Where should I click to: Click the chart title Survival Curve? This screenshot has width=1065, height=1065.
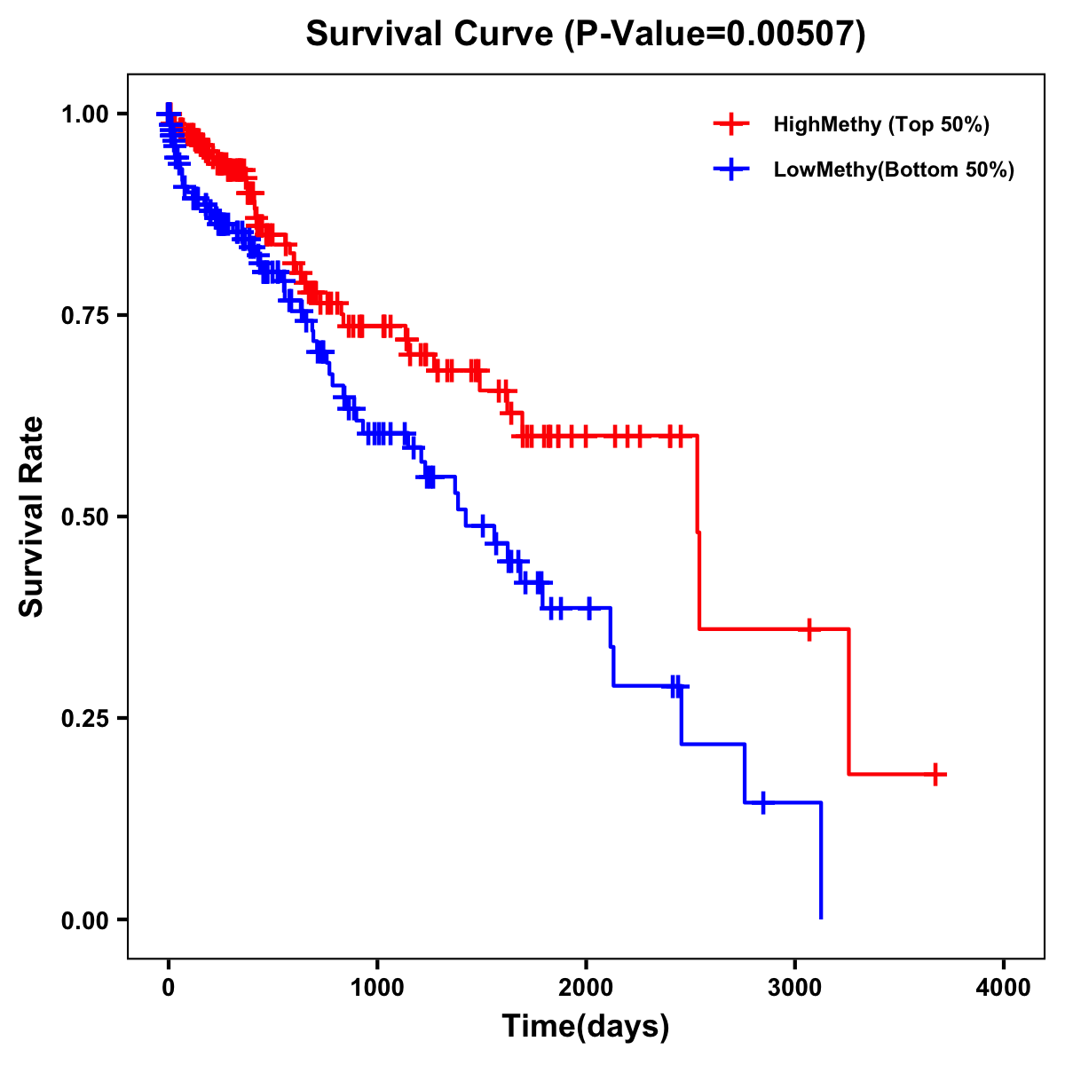(x=585, y=34)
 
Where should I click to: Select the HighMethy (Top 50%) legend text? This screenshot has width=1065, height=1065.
(x=880, y=124)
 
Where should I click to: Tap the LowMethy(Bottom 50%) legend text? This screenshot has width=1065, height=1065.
(x=894, y=170)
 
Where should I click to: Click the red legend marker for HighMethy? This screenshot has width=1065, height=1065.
(x=730, y=124)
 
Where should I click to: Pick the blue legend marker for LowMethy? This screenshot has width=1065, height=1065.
(x=730, y=170)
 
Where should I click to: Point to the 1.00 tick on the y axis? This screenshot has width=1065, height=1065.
(x=84, y=114)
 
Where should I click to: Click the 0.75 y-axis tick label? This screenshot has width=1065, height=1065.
(x=84, y=316)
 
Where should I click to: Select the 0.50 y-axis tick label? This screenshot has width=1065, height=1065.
(x=84, y=517)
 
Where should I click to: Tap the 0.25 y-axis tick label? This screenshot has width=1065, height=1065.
(x=84, y=719)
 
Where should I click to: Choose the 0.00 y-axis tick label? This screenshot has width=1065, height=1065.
(x=84, y=920)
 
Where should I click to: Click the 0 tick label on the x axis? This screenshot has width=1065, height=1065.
(x=169, y=988)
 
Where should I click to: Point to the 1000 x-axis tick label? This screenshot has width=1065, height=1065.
(x=377, y=988)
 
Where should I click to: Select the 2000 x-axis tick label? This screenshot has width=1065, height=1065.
(x=586, y=988)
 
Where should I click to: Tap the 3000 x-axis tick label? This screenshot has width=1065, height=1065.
(x=795, y=988)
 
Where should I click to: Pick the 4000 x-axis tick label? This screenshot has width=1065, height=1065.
(x=1004, y=988)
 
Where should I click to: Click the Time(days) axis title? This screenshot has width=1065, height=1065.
(x=586, y=1027)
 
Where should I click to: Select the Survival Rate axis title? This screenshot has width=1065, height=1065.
(x=33, y=517)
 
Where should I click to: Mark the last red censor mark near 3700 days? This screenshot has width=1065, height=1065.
(x=935, y=774)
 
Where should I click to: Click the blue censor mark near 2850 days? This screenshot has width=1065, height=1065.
(x=762, y=803)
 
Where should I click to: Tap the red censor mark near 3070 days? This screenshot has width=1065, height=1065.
(x=809, y=629)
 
